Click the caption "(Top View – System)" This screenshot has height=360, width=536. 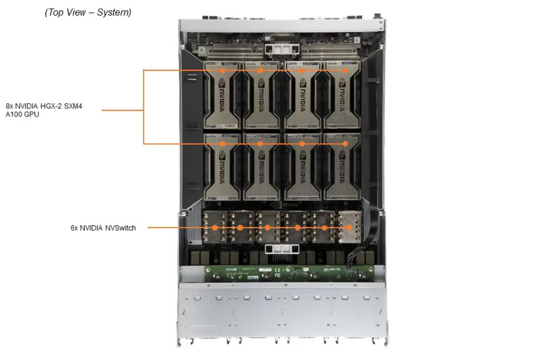88,13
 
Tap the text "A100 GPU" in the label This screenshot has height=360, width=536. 23,114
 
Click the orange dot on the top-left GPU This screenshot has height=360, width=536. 223,70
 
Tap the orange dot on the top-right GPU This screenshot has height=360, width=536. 345,70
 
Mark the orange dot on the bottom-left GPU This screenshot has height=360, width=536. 223,144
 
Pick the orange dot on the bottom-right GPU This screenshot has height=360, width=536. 345,144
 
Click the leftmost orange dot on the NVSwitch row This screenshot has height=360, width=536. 215,228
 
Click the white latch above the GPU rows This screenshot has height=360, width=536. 278,48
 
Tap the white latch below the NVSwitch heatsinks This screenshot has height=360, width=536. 278,250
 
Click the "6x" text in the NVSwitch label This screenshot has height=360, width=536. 75,228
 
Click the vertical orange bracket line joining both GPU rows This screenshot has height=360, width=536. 144,107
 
